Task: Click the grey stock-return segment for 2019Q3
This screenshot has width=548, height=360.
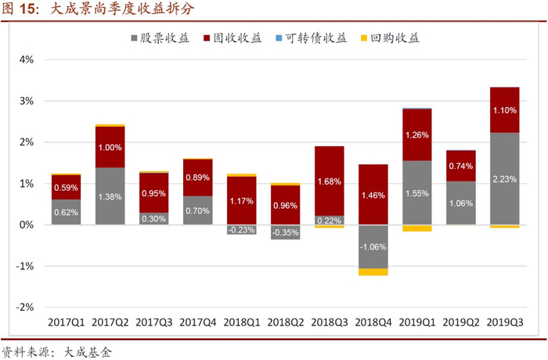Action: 505,178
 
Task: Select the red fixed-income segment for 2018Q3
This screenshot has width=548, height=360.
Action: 330,181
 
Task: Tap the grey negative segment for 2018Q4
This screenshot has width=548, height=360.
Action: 373,247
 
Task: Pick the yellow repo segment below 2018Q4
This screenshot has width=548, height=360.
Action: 373,272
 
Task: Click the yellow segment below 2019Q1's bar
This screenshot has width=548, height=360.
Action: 417,229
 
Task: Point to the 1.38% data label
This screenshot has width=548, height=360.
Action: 110,196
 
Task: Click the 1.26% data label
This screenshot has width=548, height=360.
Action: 417,135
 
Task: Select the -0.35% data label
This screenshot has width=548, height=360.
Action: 286,232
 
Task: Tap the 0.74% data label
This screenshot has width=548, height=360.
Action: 461,166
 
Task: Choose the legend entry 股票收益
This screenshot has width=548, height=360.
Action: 160,38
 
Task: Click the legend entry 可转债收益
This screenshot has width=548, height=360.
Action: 312,38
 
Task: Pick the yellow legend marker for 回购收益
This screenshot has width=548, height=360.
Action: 364,38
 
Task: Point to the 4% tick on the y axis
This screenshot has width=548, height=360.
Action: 27,59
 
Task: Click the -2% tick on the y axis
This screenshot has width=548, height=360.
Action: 25,308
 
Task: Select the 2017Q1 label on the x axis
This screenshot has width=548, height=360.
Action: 67,322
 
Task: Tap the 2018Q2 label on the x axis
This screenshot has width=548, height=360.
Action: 286,322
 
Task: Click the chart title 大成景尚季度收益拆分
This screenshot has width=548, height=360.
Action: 122,9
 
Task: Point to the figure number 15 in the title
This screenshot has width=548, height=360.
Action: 27,9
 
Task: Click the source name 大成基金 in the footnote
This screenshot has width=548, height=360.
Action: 88,351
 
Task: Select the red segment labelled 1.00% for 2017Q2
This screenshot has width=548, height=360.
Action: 110,147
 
